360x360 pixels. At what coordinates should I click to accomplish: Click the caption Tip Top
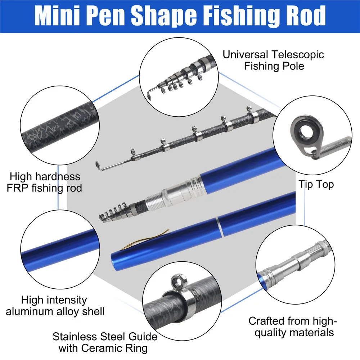(x=316, y=185)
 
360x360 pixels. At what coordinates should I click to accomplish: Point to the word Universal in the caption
(x=245, y=55)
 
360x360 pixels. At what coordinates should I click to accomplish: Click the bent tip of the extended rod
(x=100, y=166)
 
